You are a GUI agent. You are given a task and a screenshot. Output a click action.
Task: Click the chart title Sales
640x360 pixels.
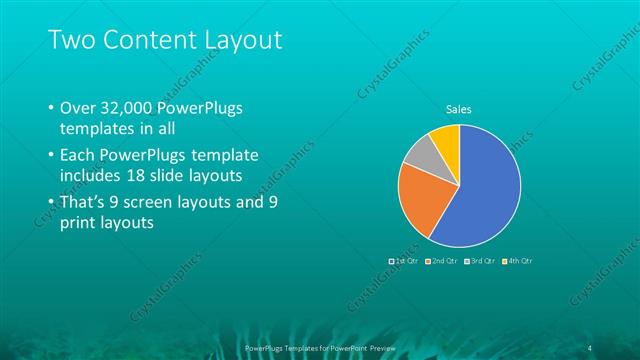click(x=459, y=110)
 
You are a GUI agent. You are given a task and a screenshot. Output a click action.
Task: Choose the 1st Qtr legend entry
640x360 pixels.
click(x=405, y=260)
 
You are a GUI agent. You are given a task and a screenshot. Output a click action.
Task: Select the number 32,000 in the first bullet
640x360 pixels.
click(x=128, y=108)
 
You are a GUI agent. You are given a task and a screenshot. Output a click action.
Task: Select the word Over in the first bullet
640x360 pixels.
click(x=77, y=108)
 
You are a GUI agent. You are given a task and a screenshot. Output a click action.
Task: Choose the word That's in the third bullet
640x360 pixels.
click(x=84, y=202)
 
